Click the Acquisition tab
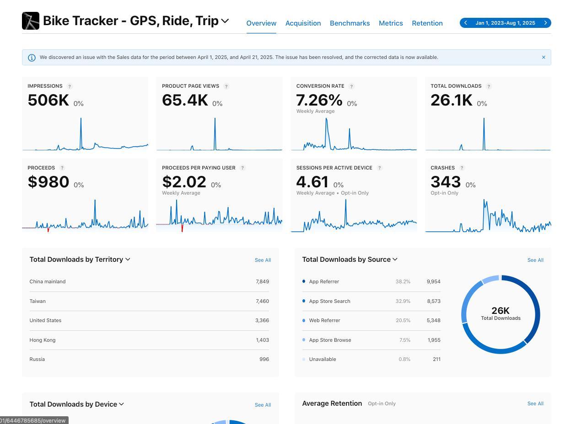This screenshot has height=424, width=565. (x=303, y=23)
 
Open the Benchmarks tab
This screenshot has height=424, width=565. (x=350, y=23)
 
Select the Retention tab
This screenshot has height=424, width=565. (x=427, y=23)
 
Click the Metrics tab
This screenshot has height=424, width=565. (x=391, y=23)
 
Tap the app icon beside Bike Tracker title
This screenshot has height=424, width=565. (x=31, y=21)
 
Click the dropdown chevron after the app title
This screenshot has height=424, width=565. (x=225, y=21)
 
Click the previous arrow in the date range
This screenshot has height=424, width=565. (x=466, y=23)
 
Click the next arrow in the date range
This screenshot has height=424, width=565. (x=545, y=23)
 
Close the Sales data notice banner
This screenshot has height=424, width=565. (x=543, y=58)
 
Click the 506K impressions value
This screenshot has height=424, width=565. (x=48, y=100)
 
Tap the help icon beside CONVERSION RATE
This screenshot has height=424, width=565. (x=351, y=86)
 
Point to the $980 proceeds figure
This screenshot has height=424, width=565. (x=48, y=182)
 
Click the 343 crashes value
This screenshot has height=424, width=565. (x=445, y=182)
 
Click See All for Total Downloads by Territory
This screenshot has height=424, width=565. (x=263, y=260)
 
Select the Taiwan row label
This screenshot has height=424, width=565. (x=38, y=301)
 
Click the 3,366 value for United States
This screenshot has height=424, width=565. (x=262, y=320)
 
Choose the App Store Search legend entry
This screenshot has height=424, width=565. (x=329, y=301)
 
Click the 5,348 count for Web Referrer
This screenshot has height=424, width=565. (x=433, y=320)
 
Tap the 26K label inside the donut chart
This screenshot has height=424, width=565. (x=500, y=311)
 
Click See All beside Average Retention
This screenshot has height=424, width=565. (x=535, y=403)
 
